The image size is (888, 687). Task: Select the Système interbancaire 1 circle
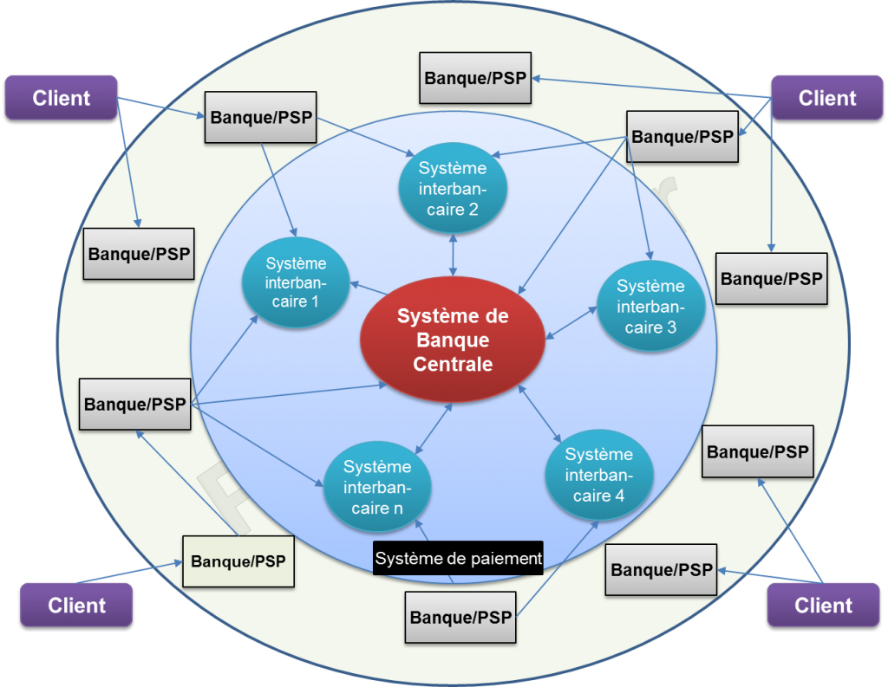(x=296, y=282)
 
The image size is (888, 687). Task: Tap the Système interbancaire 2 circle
(x=452, y=188)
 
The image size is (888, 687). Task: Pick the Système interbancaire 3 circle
(x=650, y=306)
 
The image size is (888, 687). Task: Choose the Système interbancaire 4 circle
(x=598, y=475)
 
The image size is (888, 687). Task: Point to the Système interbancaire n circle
(x=377, y=486)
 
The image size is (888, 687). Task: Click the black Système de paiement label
(x=458, y=558)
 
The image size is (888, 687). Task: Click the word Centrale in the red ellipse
(x=453, y=364)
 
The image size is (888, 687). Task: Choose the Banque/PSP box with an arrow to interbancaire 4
(x=460, y=617)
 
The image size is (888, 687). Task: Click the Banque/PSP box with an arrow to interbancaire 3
(x=682, y=136)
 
